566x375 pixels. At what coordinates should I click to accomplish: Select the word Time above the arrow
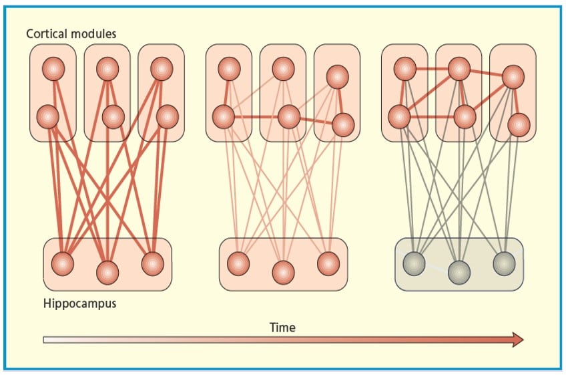click(282, 327)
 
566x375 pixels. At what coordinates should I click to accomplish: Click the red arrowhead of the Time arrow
click(516, 340)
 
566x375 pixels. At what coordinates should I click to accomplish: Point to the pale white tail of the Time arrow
click(50, 340)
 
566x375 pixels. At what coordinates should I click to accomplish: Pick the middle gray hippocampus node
click(459, 272)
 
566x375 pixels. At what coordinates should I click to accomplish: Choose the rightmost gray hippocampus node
click(504, 263)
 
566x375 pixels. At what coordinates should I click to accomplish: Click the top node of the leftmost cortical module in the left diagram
click(53, 68)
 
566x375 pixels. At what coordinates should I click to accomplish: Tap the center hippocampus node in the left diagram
click(107, 272)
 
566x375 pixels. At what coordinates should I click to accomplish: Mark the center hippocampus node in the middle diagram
click(283, 272)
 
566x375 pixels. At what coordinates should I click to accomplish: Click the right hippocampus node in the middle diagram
click(328, 263)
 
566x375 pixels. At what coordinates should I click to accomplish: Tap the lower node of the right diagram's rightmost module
click(518, 124)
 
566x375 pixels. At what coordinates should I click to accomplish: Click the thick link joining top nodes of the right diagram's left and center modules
click(432, 68)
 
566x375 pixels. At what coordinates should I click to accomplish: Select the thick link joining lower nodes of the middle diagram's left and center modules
click(256, 117)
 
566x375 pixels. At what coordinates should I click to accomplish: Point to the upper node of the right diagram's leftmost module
click(404, 68)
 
